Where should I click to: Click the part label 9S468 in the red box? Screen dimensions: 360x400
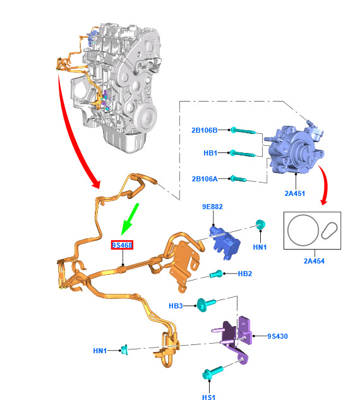click(x=122, y=245)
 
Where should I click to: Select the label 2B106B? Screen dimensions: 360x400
click(x=205, y=130)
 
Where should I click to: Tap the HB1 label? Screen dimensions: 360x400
click(x=210, y=153)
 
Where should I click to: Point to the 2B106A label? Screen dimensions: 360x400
click(x=205, y=179)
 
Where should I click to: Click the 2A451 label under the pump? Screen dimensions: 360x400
click(x=295, y=193)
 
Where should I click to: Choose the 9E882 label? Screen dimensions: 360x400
click(x=212, y=207)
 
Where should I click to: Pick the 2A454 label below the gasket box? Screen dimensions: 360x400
click(x=314, y=261)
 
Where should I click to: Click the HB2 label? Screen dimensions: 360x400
click(x=245, y=274)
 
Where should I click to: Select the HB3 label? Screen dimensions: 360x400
click(x=176, y=306)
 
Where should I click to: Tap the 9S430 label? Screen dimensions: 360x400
click(x=278, y=336)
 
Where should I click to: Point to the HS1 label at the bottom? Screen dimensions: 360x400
click(x=209, y=397)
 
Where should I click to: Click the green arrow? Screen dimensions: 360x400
click(x=129, y=219)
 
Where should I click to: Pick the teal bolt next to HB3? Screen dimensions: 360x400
click(x=206, y=304)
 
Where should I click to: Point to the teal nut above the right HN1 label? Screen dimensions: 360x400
click(x=261, y=224)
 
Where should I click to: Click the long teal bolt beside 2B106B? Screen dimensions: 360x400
click(x=243, y=131)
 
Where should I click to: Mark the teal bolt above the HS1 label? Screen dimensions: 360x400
click(x=212, y=372)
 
